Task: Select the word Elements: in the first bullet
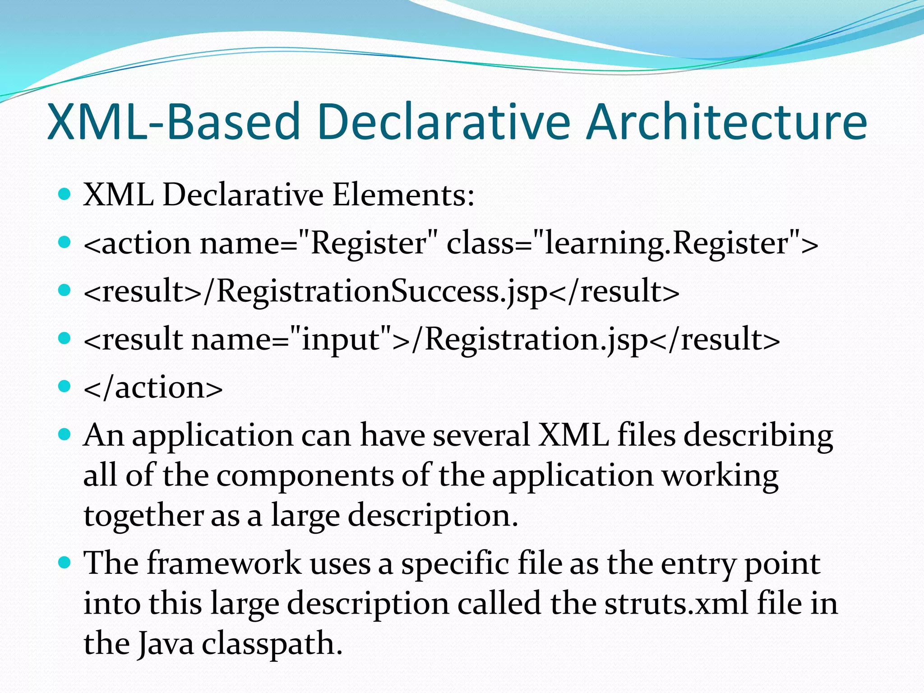[403, 195]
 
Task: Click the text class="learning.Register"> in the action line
[632, 244]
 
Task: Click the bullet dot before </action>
[65, 386]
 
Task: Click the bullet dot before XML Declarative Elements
[65, 194]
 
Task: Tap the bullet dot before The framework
[65, 562]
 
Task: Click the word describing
[758, 437]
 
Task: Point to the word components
[305, 476]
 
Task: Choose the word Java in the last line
[165, 643]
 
